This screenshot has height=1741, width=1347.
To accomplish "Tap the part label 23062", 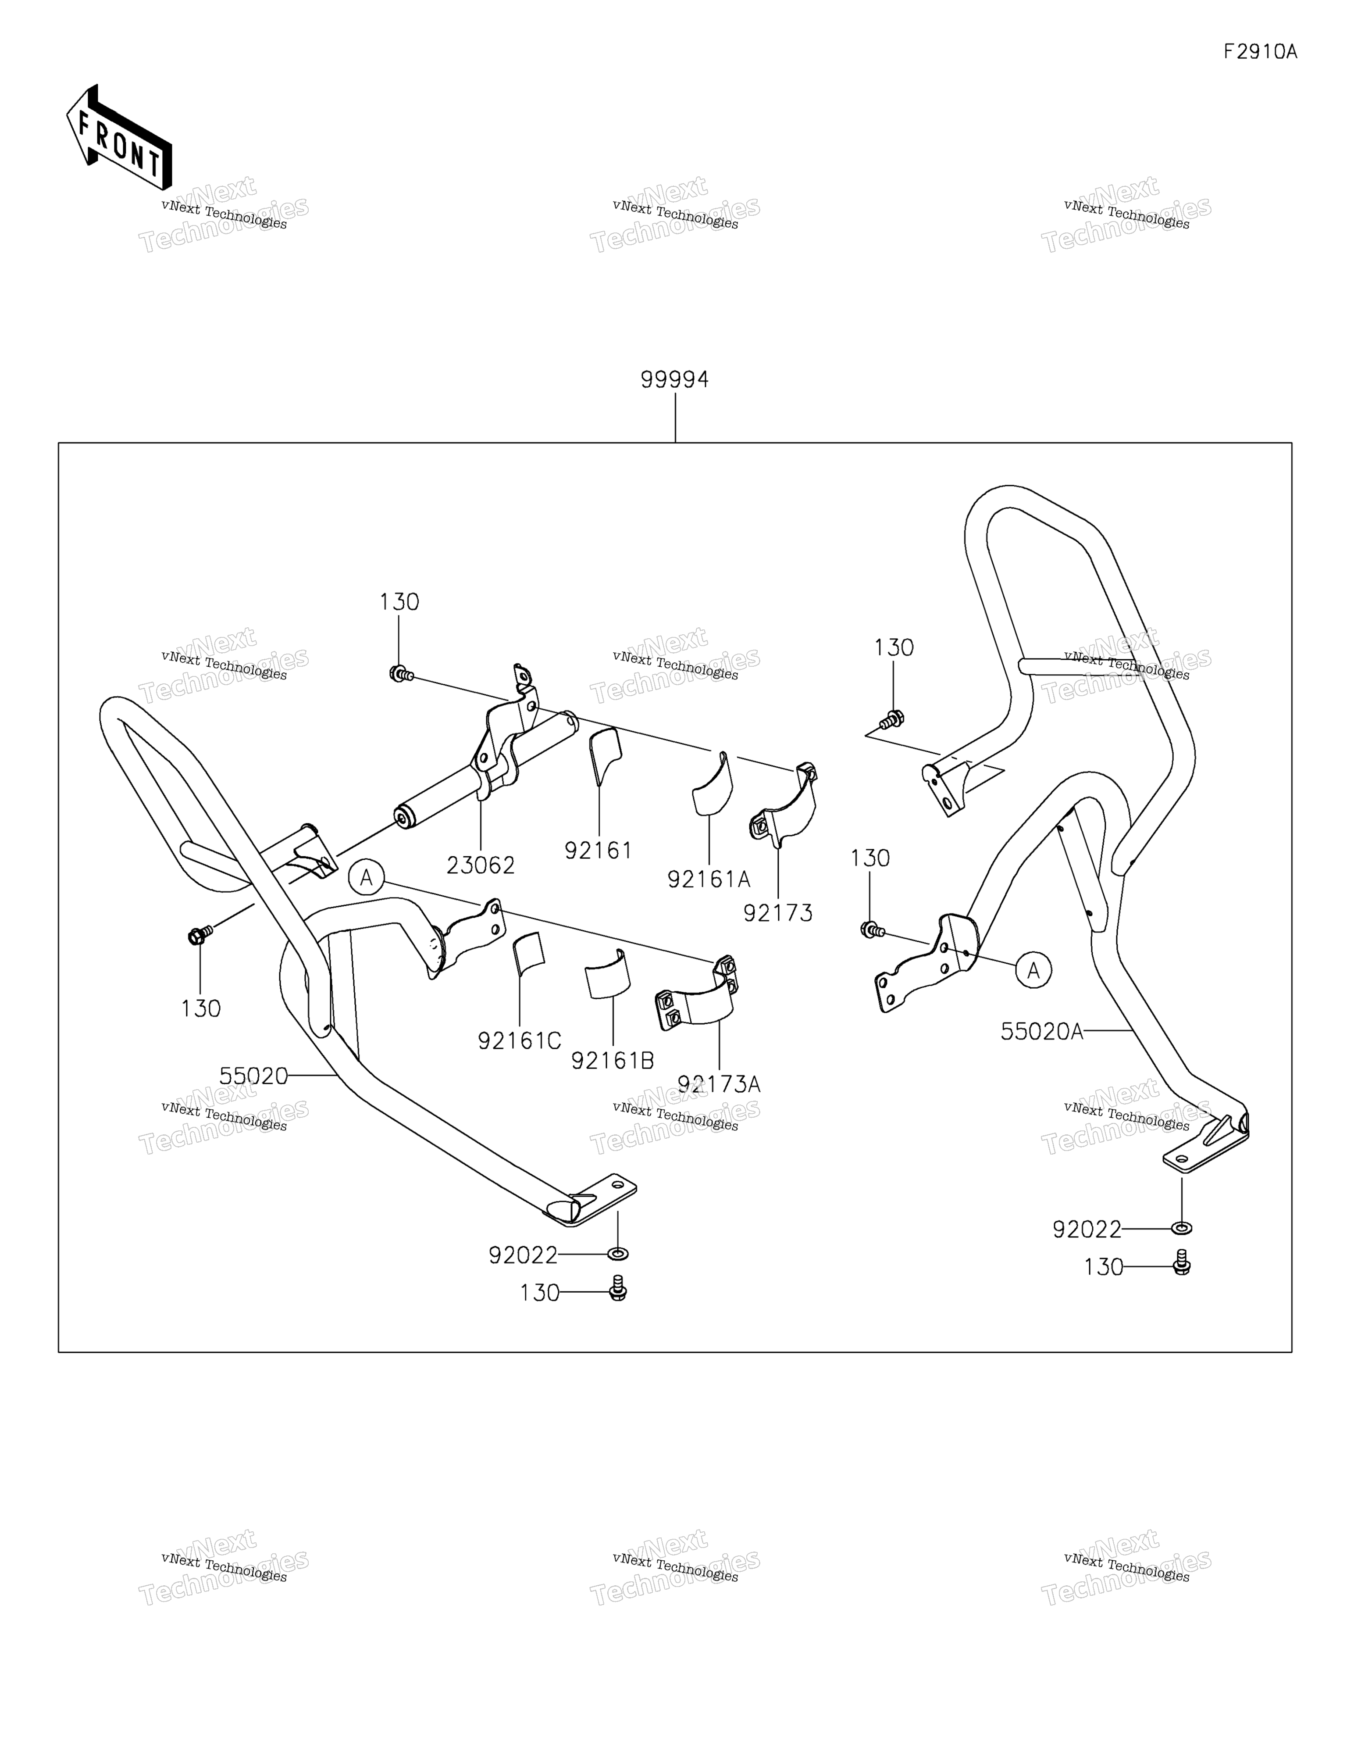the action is coord(481,865).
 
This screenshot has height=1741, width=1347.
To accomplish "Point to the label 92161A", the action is coord(709,879).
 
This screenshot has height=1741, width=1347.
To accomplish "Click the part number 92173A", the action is coord(719,1084).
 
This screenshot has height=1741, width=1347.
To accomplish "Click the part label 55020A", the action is coord(1042,1032).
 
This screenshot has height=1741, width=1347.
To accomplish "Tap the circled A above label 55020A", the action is coord(1034,970).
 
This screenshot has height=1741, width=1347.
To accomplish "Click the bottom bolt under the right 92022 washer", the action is coord(1182,1262).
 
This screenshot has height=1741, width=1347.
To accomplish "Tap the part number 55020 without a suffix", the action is coord(253,1076).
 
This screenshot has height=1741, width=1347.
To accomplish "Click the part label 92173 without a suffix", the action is coord(778,913).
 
